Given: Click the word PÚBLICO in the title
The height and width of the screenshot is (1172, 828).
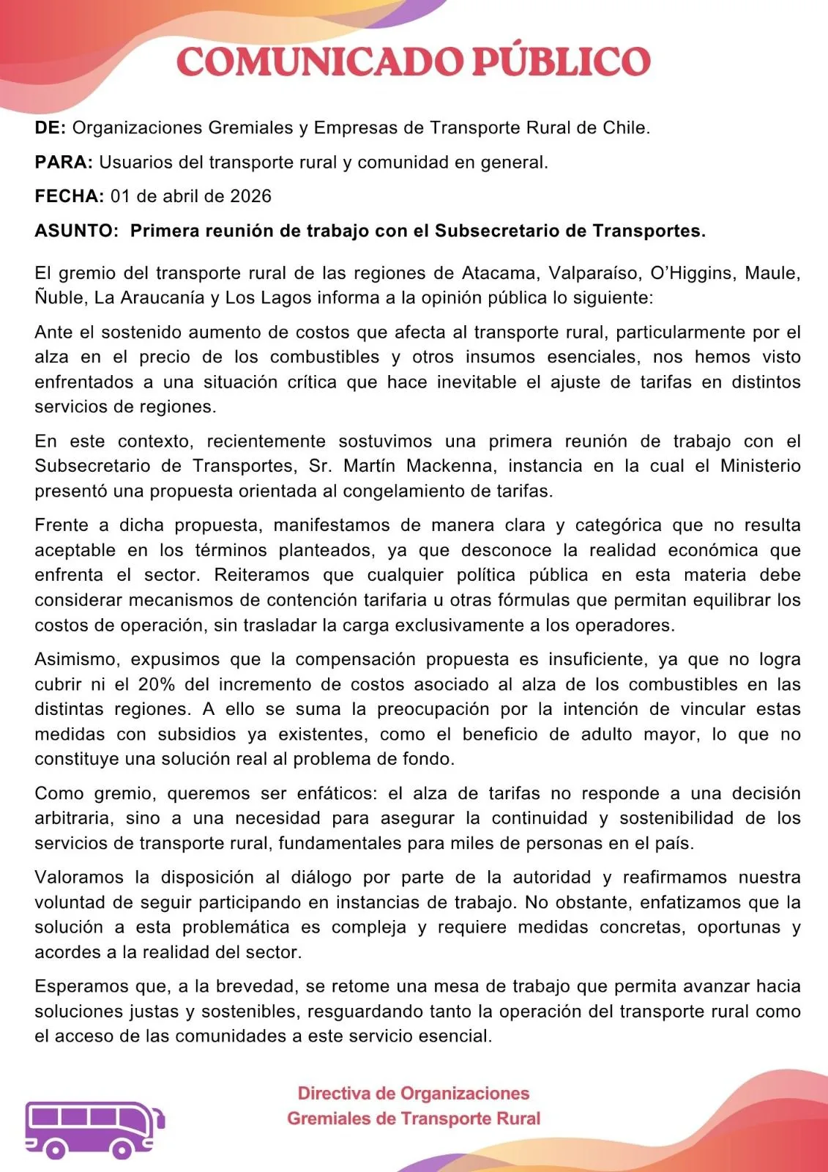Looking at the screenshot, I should (x=561, y=62).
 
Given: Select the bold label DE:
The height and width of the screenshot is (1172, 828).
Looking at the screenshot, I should (x=51, y=128).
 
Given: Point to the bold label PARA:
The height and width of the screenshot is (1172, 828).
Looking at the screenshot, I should (x=64, y=163).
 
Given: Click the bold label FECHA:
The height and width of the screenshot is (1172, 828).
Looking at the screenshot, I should (x=70, y=196).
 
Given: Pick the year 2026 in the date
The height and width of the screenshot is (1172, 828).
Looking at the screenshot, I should (x=250, y=196).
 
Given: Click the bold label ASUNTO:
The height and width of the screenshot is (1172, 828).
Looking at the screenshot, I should (x=76, y=231).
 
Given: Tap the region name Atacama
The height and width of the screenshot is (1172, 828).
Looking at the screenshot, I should (x=499, y=273).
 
